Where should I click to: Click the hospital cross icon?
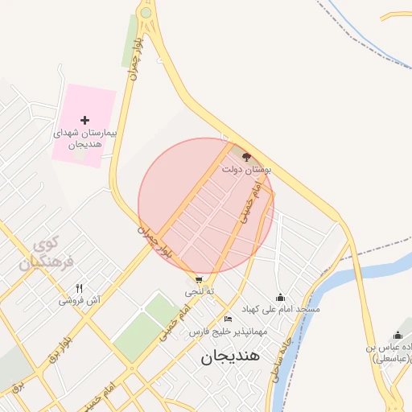click(84, 119)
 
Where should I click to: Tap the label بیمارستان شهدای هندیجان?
click(84, 138)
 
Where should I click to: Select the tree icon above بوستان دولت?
click(246, 157)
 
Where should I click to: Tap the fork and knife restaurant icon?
click(79, 288)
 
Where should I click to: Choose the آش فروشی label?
click(79, 301)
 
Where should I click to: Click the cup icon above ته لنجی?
click(199, 280)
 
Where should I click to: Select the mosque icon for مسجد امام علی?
click(280, 297)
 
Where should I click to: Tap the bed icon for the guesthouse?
click(229, 319)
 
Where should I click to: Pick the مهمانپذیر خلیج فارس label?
click(221, 332)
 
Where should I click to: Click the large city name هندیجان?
click(231, 357)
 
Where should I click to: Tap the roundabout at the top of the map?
click(146, 13)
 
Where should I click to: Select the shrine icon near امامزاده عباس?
click(397, 336)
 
